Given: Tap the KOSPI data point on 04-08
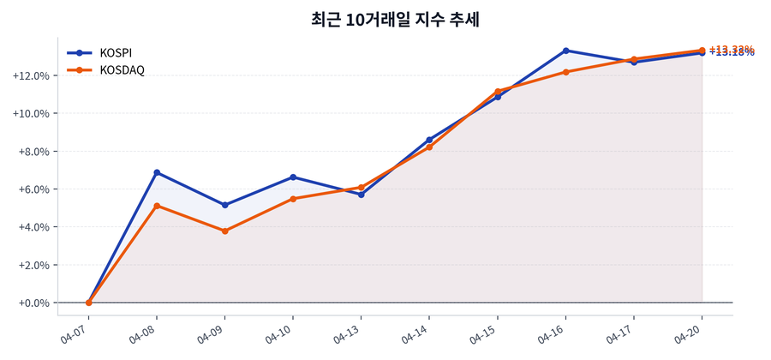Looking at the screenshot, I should [x=157, y=172].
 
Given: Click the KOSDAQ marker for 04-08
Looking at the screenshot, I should [x=157, y=206].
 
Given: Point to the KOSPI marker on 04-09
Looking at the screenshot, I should [x=225, y=205].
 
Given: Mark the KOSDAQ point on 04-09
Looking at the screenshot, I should [x=225, y=231].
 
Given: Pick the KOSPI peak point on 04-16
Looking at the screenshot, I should [x=566, y=51].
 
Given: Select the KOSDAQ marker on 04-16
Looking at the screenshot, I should [x=566, y=72].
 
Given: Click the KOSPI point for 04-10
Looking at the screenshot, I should [x=293, y=177].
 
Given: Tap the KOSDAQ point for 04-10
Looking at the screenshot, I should [x=293, y=199].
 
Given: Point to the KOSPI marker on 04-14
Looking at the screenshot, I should [x=429, y=140].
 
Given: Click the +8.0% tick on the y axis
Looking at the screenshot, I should [x=32, y=152].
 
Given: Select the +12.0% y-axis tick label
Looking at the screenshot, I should [x=29, y=75].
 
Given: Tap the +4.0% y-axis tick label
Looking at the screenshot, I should [x=32, y=227].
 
